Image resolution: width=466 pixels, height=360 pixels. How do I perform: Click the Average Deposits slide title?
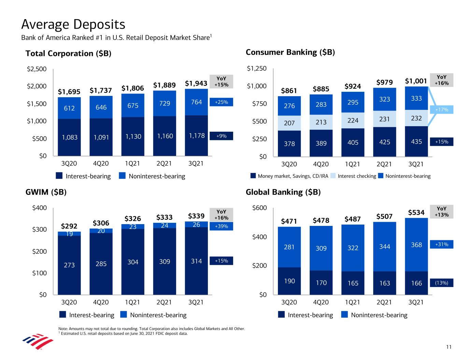(73, 25)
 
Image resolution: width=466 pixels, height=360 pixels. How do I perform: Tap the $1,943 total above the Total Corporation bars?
(196, 83)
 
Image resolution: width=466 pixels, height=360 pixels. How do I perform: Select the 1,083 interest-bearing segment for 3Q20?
(69, 138)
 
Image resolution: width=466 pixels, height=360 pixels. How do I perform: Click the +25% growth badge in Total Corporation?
(221, 102)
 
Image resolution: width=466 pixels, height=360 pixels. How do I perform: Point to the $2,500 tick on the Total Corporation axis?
(37, 69)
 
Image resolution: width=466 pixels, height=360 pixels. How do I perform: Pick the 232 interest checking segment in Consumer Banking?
(416, 118)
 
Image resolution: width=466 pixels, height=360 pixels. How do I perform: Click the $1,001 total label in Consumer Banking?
(416, 81)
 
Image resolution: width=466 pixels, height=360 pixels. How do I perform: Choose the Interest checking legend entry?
(357, 176)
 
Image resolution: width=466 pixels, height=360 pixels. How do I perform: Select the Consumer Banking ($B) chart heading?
(290, 52)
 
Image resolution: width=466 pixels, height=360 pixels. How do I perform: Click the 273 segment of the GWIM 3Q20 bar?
(69, 265)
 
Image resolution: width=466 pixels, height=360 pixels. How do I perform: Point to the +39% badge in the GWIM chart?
(221, 226)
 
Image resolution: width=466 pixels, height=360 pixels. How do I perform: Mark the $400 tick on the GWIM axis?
(40, 208)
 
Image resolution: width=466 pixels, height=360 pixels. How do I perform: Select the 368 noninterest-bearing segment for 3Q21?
(416, 245)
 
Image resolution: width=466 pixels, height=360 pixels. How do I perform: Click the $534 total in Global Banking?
(416, 213)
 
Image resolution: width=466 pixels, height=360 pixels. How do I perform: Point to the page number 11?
(449, 347)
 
